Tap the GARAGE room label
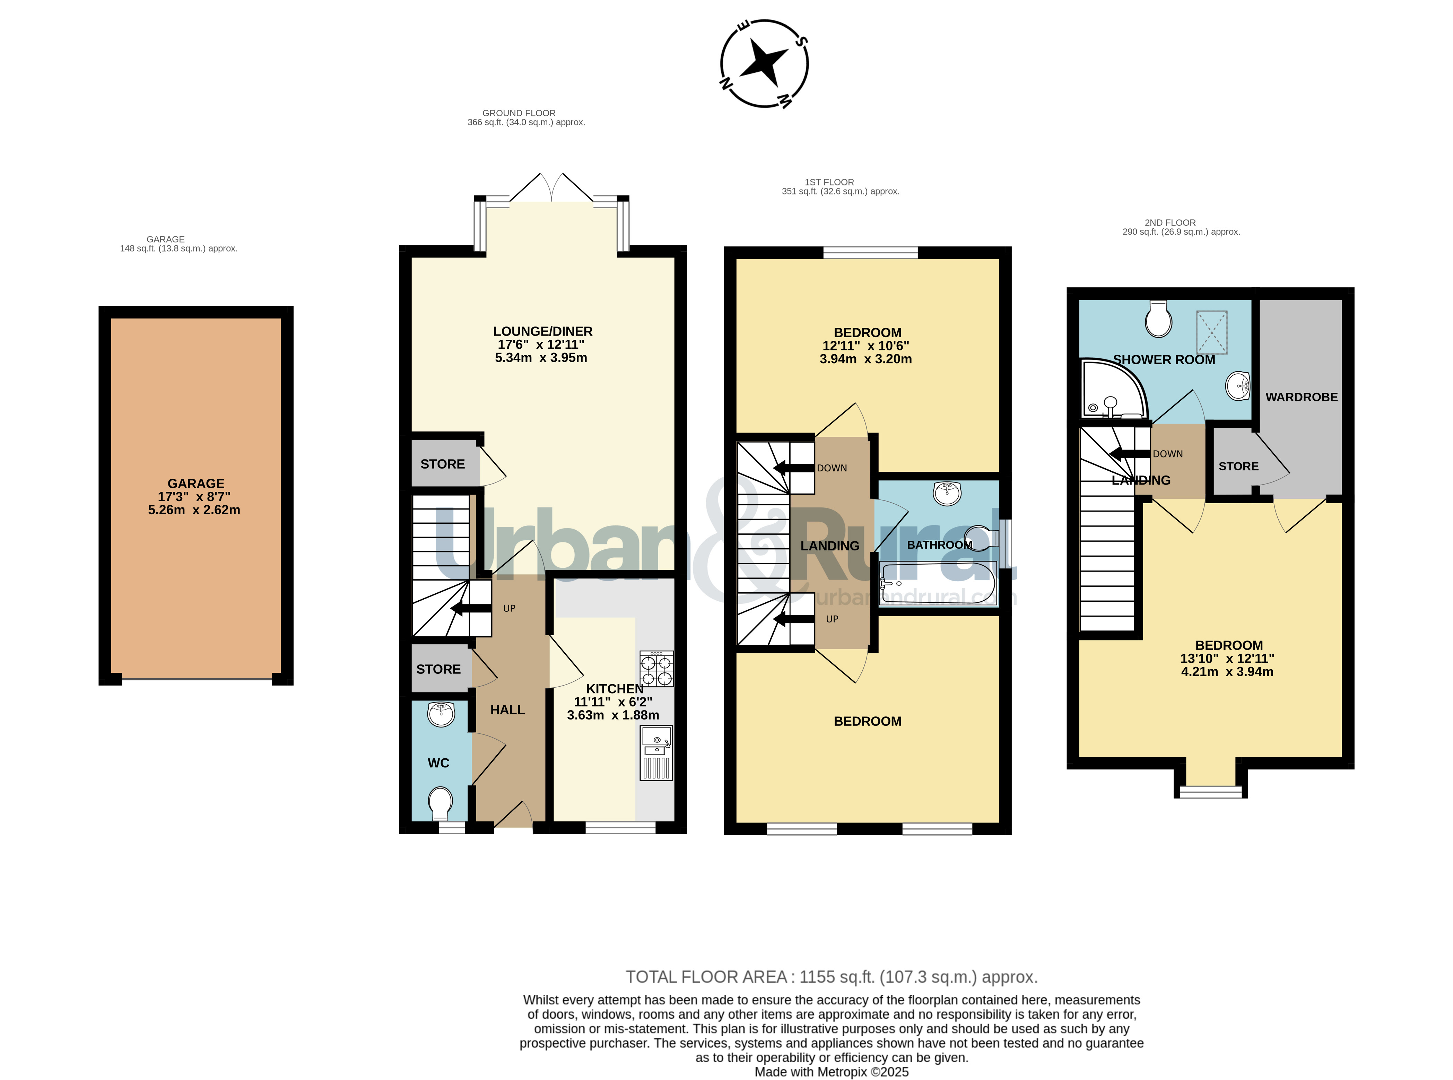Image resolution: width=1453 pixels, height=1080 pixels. point(195,484)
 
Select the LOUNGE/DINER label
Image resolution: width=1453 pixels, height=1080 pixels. point(542,331)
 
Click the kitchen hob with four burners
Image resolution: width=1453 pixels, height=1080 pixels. point(656,669)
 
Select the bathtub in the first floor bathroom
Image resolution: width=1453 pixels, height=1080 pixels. point(937,583)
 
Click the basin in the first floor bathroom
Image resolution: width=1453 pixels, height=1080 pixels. point(947,494)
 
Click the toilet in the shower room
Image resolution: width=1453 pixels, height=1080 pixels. point(1158,319)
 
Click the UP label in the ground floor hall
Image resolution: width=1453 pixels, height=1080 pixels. point(509,608)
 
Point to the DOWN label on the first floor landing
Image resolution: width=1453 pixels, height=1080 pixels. point(832,468)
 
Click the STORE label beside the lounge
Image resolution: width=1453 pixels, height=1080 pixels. point(443,464)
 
